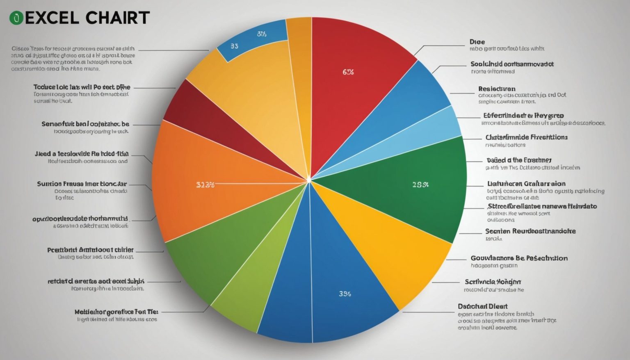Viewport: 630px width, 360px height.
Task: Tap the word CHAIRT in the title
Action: click(x=118, y=18)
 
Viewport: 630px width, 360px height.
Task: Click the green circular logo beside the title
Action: click(x=16, y=18)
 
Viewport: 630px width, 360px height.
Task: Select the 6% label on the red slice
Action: click(x=348, y=72)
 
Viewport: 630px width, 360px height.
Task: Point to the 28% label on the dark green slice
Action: click(x=420, y=185)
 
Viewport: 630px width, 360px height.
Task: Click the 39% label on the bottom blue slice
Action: click(x=345, y=294)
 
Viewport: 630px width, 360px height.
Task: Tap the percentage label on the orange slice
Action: click(x=205, y=185)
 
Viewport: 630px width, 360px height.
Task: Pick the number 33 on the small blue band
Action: click(x=234, y=46)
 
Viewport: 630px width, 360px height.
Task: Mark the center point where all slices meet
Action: click(x=309, y=180)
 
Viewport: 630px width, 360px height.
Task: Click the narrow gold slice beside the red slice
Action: click(x=299, y=62)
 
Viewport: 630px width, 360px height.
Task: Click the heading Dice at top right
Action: click(x=477, y=42)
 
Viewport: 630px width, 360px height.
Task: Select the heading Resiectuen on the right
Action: click(x=496, y=89)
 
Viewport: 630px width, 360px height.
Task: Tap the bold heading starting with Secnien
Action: click(x=530, y=231)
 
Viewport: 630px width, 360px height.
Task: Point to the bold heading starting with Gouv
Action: click(x=519, y=258)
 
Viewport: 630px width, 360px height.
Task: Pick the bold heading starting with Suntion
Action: click(x=82, y=184)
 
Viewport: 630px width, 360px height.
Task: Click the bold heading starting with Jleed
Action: click(x=81, y=154)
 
